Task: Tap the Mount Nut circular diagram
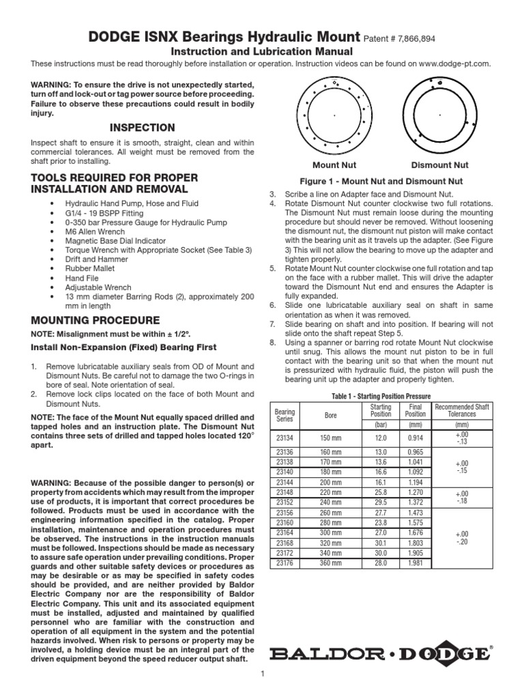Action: click(x=334, y=116)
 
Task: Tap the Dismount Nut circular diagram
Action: click(x=440, y=116)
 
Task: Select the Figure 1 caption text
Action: click(x=382, y=182)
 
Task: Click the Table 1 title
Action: click(x=382, y=396)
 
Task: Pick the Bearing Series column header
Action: click(x=285, y=414)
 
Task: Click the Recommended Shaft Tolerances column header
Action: click(x=462, y=411)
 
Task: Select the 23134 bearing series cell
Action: click(x=285, y=437)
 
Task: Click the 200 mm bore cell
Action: click(x=330, y=481)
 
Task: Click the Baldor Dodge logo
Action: click(x=380, y=653)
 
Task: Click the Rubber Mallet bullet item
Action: click(x=89, y=268)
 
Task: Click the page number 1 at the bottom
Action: click(x=262, y=675)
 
